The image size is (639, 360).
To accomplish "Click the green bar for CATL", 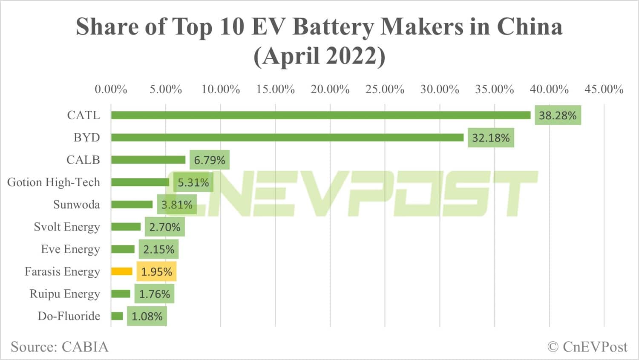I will [x=320, y=115].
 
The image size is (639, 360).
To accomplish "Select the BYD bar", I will [x=287, y=138].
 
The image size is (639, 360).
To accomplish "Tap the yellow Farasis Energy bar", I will [x=122, y=271].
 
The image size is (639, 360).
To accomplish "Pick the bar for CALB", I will [x=148, y=160].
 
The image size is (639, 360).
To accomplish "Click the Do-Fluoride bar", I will [x=117, y=316].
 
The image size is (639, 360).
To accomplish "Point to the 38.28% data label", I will [x=558, y=115].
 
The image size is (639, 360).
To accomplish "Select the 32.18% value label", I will [x=491, y=138].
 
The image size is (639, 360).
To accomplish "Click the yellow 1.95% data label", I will [x=156, y=272].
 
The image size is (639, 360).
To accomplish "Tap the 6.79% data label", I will [x=210, y=160].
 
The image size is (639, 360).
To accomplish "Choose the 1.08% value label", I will [x=147, y=317].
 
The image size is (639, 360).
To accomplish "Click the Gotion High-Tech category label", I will [x=54, y=182].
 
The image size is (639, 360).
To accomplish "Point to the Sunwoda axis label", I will [x=77, y=204].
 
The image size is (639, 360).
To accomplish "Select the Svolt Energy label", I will [x=67, y=227].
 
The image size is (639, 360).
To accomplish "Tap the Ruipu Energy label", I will [x=65, y=294].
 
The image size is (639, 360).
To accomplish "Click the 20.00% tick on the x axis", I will [x=330, y=89].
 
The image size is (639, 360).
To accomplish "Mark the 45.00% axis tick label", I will [x=604, y=89].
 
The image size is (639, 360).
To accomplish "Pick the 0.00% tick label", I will [x=111, y=89].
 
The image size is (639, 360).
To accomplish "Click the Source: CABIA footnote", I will [x=60, y=347].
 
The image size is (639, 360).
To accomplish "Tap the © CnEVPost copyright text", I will [x=587, y=347].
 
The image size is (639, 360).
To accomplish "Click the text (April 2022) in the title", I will [x=319, y=56].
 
